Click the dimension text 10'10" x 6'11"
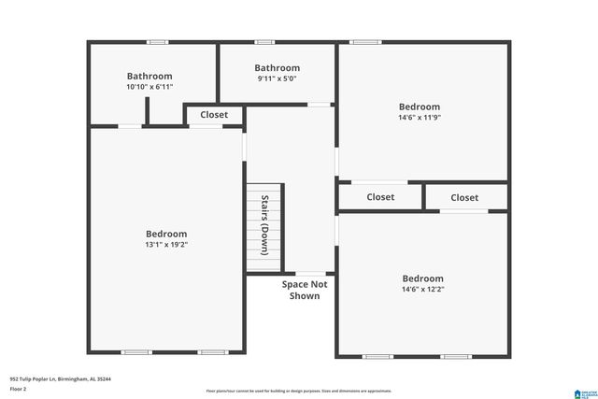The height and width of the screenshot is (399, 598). coord(149,87)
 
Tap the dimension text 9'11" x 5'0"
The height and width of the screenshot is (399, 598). coord(278,79)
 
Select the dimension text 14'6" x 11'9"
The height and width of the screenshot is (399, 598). coord(419,119)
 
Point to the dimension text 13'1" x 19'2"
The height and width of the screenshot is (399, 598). coord(166,245)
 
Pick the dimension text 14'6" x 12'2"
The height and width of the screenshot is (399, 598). coord(422,290)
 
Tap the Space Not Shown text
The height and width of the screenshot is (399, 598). coord(304,290)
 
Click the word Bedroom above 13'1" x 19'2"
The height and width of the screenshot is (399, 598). coord(166,234)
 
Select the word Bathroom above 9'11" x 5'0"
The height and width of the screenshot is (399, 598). coord(278,67)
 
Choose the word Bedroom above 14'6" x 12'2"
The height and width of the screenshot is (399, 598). coord(422,278)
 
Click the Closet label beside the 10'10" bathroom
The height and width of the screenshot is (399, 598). coord(214,115)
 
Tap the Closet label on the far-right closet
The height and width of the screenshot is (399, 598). coord(464,197)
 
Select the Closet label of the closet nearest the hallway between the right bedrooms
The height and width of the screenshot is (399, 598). coord(380,197)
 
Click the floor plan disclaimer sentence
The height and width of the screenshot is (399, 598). coord(299,390)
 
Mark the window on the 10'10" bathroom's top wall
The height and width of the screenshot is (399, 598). coord(158,42)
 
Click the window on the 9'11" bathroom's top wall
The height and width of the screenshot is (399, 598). coord(264,42)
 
